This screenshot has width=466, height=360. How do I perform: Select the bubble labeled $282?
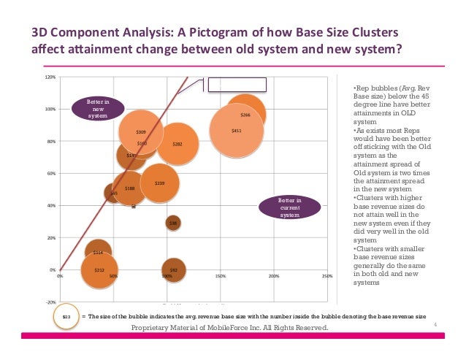pos(177,144)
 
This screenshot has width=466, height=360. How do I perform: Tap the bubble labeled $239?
pos(159,183)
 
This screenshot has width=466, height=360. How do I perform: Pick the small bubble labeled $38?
pos(173,223)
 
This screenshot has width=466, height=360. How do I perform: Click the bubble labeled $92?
pos(173,269)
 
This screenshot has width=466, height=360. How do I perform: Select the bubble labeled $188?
pos(129,188)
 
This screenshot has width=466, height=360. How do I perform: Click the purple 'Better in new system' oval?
pos(98,109)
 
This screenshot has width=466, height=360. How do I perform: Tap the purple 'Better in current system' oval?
pos(290,207)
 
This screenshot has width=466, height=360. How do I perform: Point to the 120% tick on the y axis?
pos(51,77)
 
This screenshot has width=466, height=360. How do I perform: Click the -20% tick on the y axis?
pos(51,302)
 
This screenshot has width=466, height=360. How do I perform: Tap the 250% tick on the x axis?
pos(327,277)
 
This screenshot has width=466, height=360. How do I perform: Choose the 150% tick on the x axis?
pos(221,277)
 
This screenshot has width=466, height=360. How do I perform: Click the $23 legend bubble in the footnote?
pos(66,316)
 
